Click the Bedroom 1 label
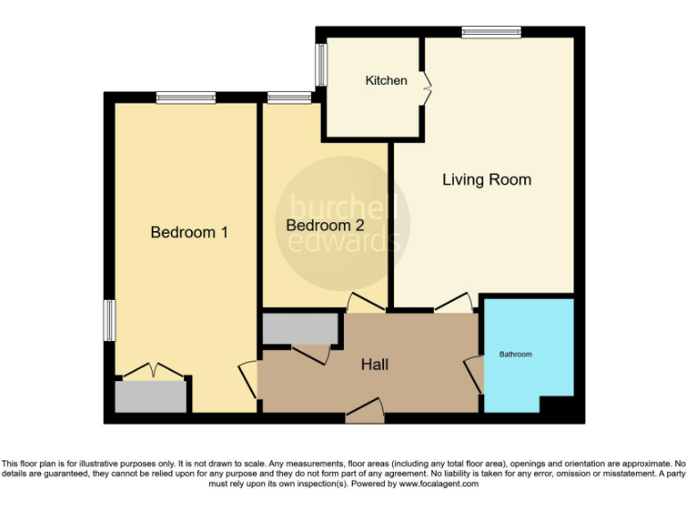pos(189,232)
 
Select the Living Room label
pos(487,179)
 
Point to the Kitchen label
pos(386,80)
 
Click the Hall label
pos(375,364)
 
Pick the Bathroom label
pos(515,354)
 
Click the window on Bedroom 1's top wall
pos(186,96)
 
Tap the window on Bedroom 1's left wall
pos(109,319)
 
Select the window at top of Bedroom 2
pos(283,96)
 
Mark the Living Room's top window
pos(491,32)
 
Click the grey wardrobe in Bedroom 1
pos(151,395)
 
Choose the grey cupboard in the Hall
pos(300,327)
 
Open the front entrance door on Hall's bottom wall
pos(364,410)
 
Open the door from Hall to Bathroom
pos(475,374)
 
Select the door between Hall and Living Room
pos(453,303)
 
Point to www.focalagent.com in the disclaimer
pos(439,484)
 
